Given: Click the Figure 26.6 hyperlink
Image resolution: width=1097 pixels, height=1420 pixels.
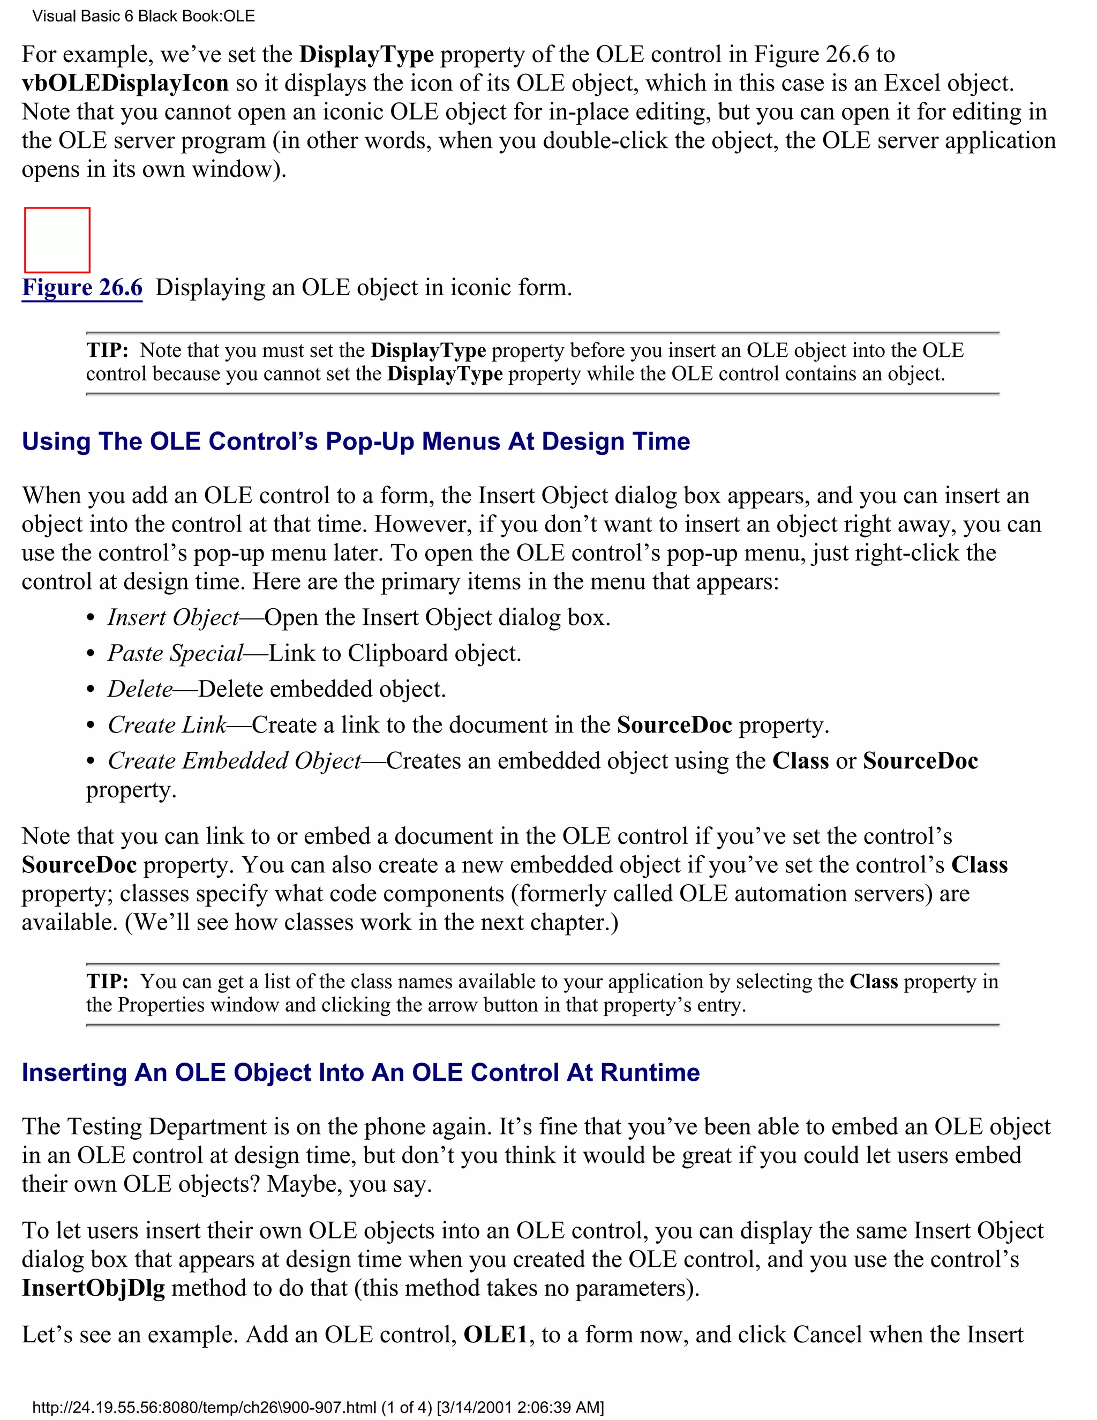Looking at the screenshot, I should pos(82,287).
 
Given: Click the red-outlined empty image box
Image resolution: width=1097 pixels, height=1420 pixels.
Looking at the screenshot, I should pos(57,240).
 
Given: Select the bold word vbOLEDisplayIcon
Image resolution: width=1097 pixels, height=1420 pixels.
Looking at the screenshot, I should pos(125,83).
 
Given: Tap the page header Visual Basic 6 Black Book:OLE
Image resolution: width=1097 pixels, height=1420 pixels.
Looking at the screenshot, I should pos(143,16).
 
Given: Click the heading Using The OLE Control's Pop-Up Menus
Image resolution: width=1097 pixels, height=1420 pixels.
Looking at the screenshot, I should pos(356,442).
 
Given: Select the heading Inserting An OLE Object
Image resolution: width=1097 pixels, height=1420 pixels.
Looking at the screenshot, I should pos(360,1073).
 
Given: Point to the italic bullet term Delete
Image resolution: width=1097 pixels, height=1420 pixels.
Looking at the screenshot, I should pos(140,689).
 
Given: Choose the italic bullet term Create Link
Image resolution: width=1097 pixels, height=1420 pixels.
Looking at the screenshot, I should pos(167,725).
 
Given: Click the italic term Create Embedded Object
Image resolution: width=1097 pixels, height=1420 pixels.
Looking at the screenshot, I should pos(234,761).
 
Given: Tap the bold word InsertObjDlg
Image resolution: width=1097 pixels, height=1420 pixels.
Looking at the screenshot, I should pos(93,1288).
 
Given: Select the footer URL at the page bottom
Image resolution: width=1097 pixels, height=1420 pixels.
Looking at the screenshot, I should pos(318,1408).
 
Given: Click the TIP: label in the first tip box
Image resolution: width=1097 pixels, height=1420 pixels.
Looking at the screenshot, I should pos(107,350).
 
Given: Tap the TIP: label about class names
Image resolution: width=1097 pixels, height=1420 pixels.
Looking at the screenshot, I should pos(107,981).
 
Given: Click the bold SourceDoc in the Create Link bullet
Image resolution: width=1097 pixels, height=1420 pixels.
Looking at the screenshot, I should pos(674,725).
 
